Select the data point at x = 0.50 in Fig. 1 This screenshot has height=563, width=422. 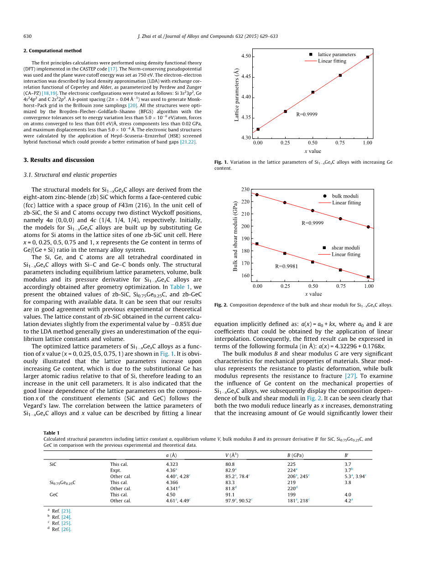313,92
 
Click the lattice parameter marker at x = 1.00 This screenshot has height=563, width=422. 368,57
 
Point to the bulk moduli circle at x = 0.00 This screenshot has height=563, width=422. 257,195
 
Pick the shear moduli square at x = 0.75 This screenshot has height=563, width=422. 340,270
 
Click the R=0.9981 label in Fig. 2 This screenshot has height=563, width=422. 286,266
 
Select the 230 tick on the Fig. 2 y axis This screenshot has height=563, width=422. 245,189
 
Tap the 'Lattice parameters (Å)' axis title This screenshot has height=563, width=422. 236,95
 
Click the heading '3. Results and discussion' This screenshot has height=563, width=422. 58,160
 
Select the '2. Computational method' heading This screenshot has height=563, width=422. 52,51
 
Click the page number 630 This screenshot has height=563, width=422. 27,36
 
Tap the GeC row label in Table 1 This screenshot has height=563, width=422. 54,495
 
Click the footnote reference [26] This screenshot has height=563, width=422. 66,530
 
